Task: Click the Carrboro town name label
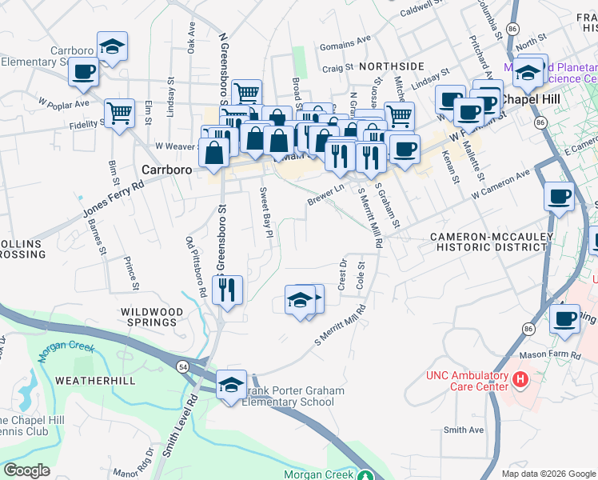coord(166,170)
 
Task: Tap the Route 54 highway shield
coord(183,366)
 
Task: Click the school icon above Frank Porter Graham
coord(231,386)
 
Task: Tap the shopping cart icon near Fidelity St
coord(119,114)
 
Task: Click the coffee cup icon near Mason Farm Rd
coord(564,320)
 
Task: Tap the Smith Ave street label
coord(464,430)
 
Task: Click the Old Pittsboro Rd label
coord(195,268)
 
